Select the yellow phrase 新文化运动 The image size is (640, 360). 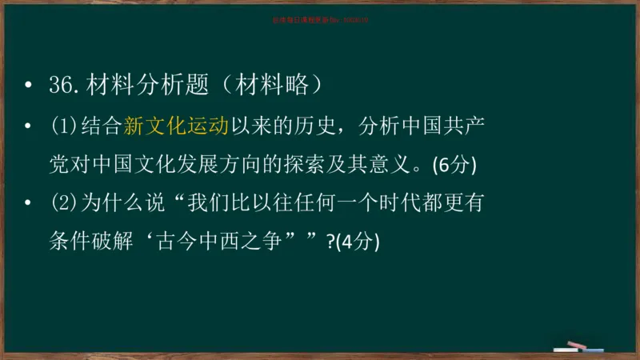177,126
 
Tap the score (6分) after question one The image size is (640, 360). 454,166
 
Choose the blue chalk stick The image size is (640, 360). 593,350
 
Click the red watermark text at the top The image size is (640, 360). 319,20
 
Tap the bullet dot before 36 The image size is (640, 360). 30,86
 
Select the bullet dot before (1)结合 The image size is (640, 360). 30,126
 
